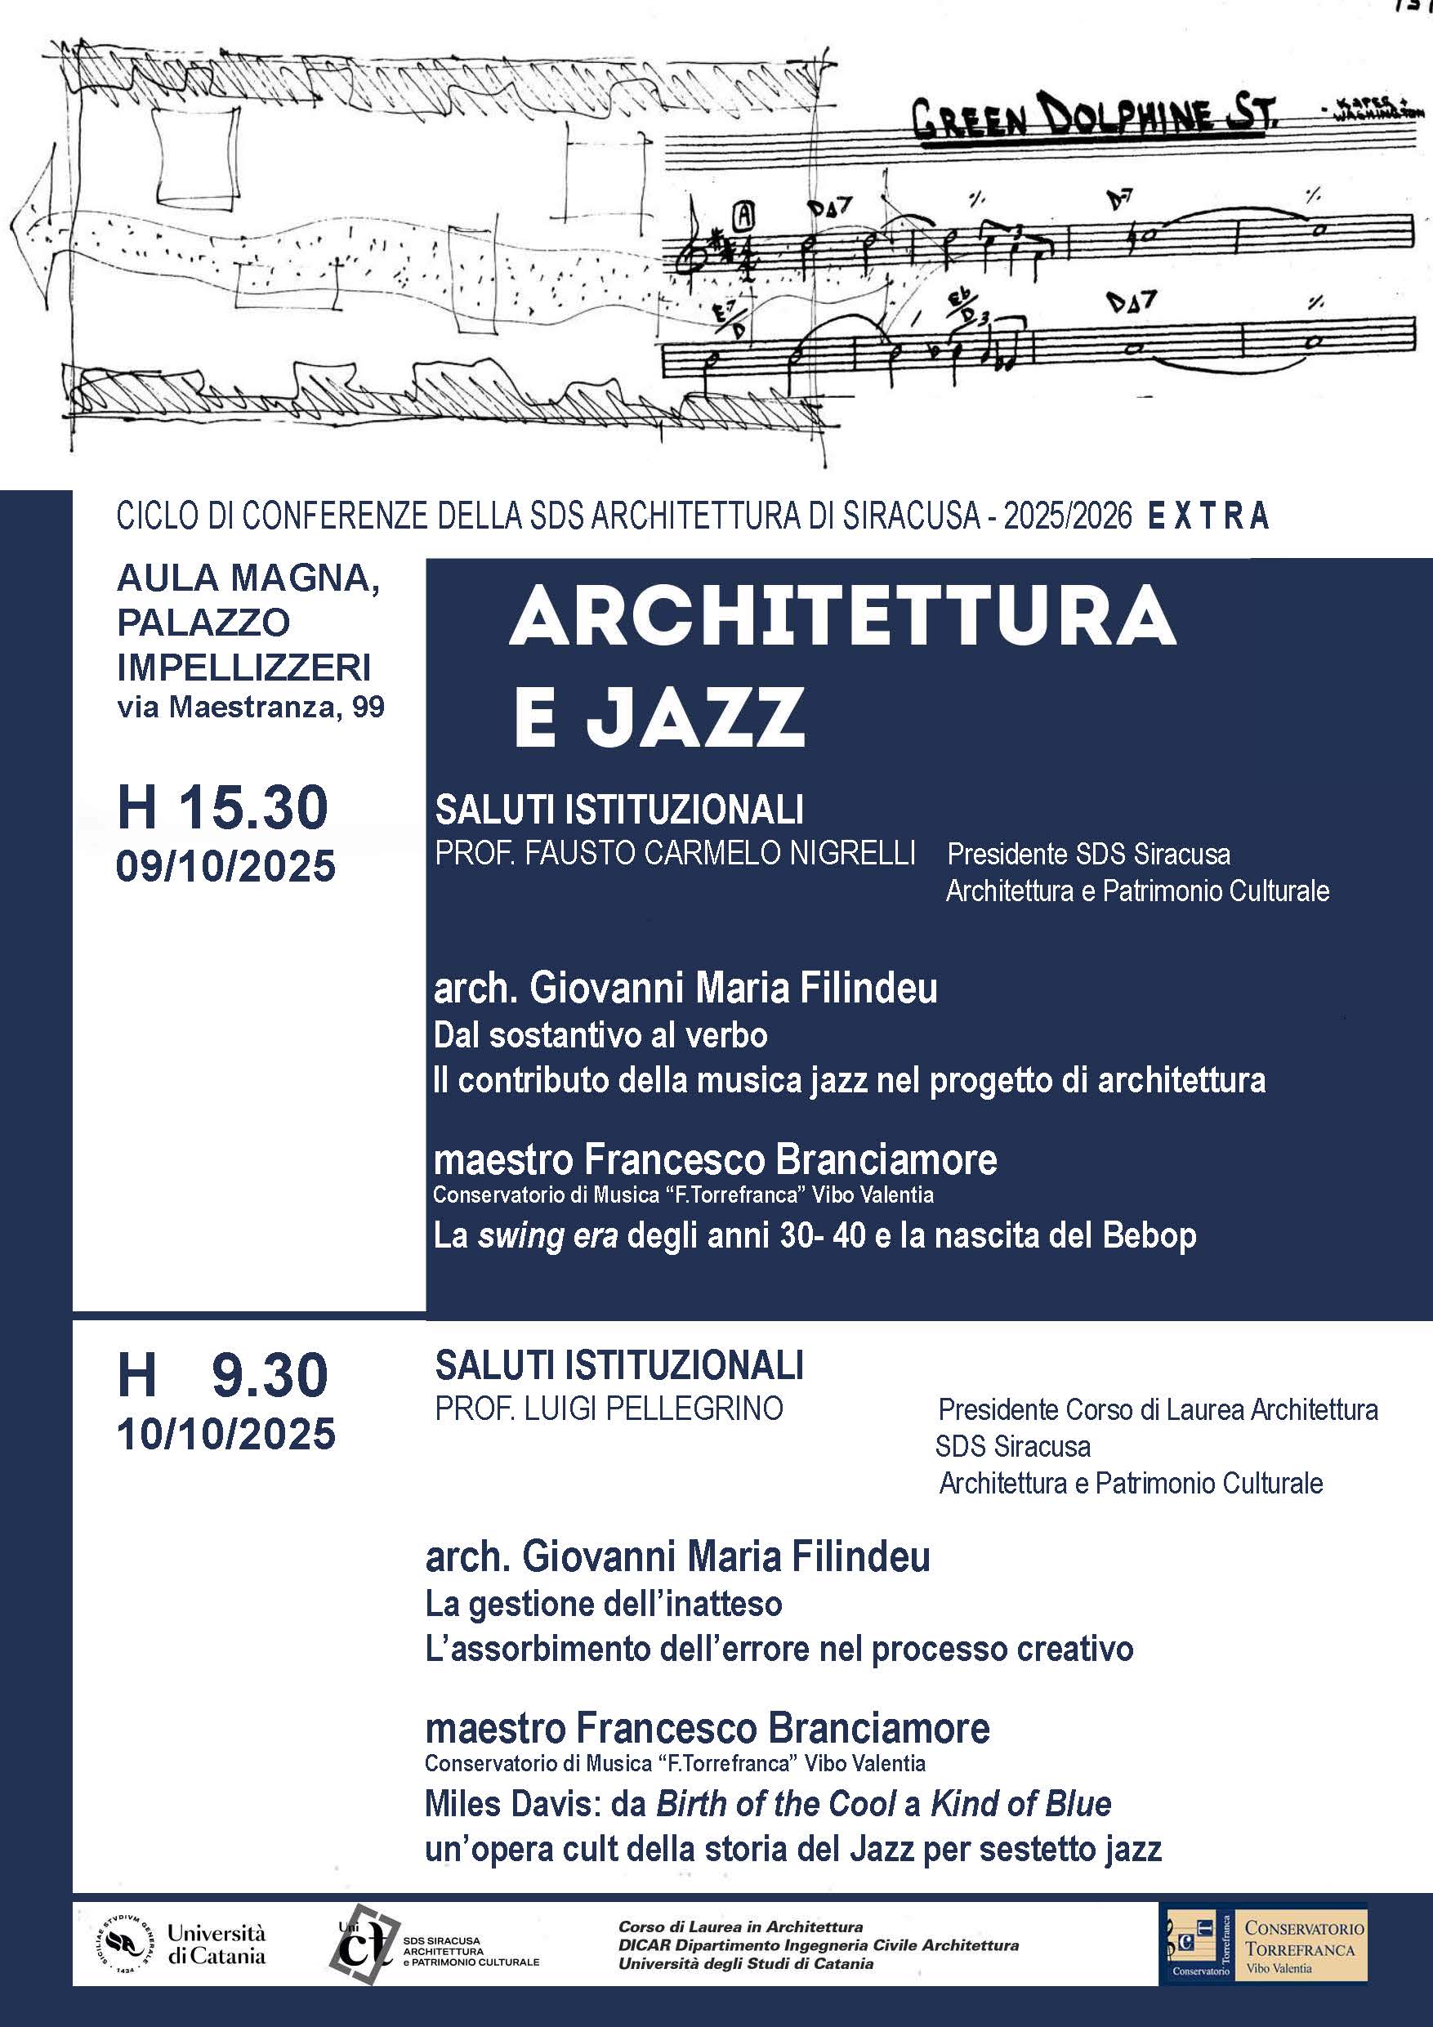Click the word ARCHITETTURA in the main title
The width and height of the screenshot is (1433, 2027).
842,617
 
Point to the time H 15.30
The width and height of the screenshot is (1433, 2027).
222,807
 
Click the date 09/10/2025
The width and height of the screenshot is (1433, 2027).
226,866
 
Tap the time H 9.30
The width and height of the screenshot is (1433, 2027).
222,1374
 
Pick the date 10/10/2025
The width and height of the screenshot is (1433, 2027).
226,1434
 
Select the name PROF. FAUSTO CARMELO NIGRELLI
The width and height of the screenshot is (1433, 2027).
675,853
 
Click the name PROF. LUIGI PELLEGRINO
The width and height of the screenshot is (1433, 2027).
609,1409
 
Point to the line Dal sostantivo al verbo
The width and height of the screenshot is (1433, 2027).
600,1034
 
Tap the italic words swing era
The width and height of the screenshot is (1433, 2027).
547,1235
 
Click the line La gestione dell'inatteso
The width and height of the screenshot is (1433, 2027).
604,1603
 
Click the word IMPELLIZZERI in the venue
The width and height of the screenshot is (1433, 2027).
243,667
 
